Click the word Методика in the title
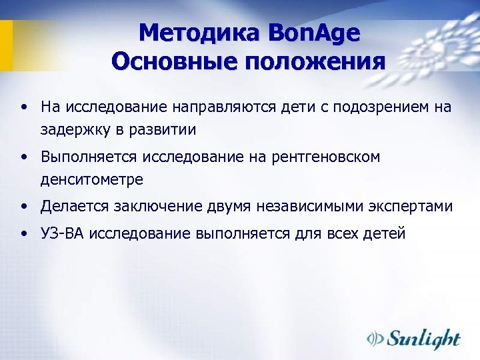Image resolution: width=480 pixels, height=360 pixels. pos(201,33)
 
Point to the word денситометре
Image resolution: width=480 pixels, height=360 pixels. pos(92,179)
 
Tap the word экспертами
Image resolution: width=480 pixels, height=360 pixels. pos(413,207)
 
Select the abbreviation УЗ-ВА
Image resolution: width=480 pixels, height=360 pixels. pos(62,235)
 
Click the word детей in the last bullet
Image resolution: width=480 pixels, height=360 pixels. pos(385,235)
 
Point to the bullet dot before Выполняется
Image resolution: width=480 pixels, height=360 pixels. pos(24,157)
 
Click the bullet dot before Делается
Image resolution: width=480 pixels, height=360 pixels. pos(24,207)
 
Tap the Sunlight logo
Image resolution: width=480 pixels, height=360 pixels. pos(414,338)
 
